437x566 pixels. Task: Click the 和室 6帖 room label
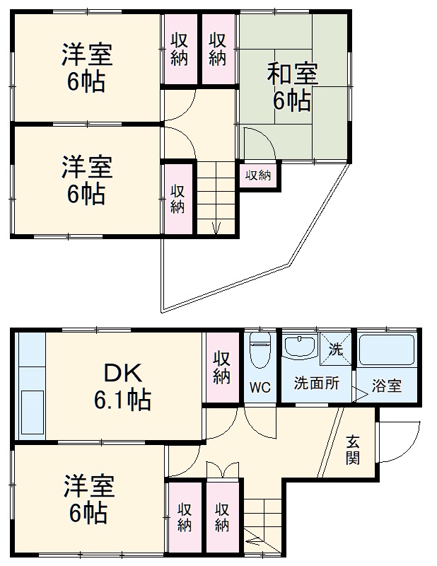(x=292, y=88)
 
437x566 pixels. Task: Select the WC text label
(x=260, y=387)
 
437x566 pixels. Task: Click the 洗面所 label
(x=316, y=384)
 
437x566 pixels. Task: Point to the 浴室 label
(x=388, y=386)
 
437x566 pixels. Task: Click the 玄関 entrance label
(x=352, y=449)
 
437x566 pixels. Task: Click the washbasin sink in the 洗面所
(x=300, y=347)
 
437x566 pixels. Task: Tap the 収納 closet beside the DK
(x=221, y=367)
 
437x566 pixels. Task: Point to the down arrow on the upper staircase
(x=216, y=226)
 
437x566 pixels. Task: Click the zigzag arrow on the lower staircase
(x=255, y=543)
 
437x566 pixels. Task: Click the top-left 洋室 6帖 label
(x=87, y=68)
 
